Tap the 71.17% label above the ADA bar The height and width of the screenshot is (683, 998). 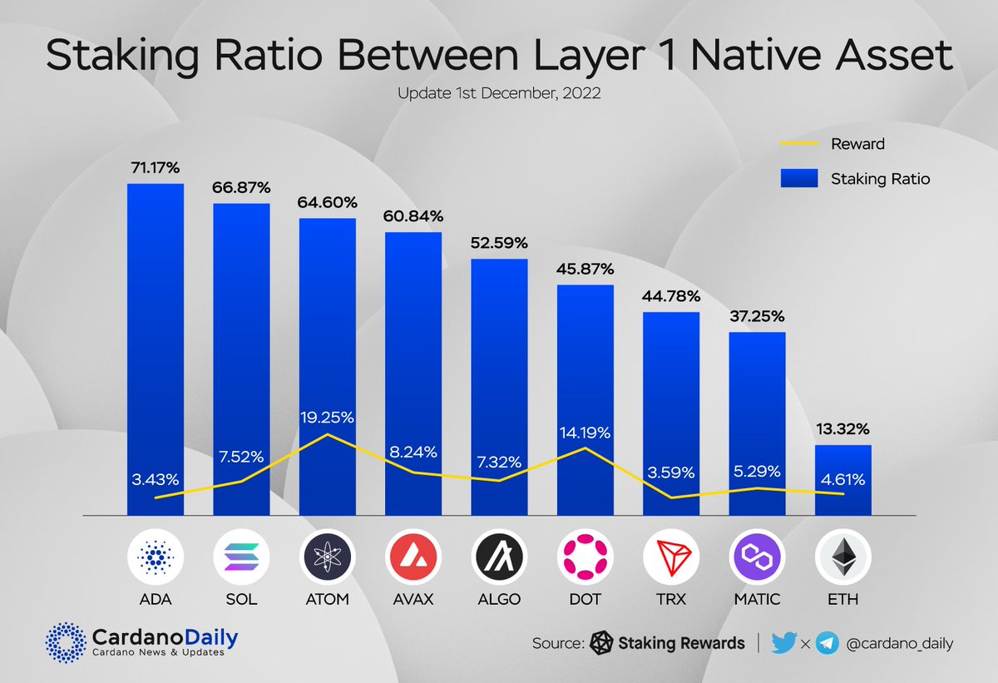click(155, 168)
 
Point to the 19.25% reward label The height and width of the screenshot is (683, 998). click(328, 418)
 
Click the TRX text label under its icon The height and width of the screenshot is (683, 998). click(670, 599)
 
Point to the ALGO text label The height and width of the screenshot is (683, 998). click(499, 599)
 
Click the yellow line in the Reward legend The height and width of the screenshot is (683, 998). click(799, 144)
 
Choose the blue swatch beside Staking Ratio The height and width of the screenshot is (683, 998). click(799, 178)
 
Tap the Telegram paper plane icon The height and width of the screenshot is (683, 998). click(826, 643)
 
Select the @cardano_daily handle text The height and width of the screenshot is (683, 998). click(900, 643)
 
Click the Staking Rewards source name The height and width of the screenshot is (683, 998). click(681, 643)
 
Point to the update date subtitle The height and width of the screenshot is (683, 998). click(499, 94)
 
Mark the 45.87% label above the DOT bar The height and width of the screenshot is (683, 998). click(585, 270)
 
